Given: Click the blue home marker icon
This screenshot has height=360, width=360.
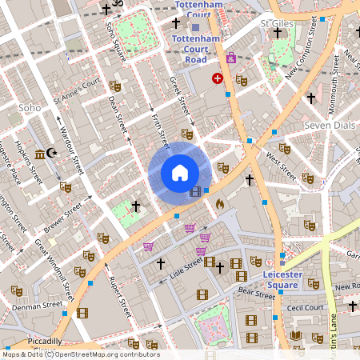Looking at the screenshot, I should (x=180, y=173).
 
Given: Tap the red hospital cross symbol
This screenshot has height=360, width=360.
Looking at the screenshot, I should (x=217, y=78).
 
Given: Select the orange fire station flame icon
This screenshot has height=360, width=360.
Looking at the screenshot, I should (x=220, y=205).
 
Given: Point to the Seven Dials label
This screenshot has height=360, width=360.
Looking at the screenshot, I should (x=328, y=126).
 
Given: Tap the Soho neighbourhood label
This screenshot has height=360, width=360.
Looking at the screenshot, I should (x=30, y=107).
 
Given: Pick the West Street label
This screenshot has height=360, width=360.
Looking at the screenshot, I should (x=281, y=163).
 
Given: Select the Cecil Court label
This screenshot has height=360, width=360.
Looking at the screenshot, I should (x=305, y=306).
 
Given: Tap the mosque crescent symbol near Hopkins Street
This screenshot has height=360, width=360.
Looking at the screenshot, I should (x=53, y=152).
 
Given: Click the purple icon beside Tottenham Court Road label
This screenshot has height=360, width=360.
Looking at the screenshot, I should (x=231, y=58).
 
